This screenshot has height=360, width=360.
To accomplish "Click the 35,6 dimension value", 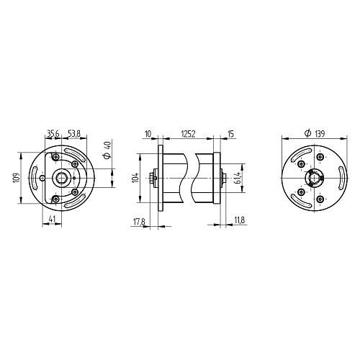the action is tap(53, 133).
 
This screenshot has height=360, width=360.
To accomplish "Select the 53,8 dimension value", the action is tap(73, 133).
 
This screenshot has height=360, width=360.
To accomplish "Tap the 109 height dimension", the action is tap(17, 178).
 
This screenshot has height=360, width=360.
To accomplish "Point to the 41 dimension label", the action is tap(52, 219).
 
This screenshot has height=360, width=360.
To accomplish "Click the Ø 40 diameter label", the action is tap(107, 150).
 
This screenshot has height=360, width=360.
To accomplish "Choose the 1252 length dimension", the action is tap(188, 134).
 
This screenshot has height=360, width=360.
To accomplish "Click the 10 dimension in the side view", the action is tap(148, 134).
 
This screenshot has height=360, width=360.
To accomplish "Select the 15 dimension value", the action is tap(230, 134).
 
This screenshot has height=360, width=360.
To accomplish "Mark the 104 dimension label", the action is tap(135, 178).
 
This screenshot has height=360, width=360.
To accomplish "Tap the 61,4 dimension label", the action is tap(238, 178).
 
